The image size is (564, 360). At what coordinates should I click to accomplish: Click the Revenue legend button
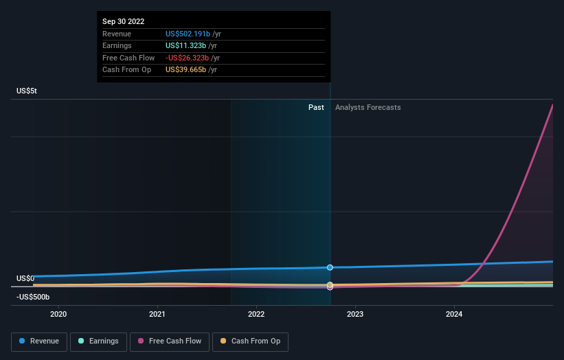[x=40, y=341]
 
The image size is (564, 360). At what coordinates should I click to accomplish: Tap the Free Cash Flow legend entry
[x=170, y=341]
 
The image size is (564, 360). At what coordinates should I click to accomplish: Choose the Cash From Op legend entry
[x=250, y=341]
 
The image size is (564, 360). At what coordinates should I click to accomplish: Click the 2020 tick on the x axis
[x=59, y=315]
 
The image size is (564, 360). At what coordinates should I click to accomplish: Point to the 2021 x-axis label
[x=157, y=315]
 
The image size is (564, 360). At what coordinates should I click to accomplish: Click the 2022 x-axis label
[x=256, y=315]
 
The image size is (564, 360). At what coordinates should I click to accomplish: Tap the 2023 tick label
[x=355, y=315]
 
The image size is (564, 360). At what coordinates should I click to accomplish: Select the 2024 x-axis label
[x=454, y=315]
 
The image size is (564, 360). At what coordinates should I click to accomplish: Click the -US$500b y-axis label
[x=34, y=297]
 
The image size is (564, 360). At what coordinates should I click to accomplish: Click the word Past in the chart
[x=316, y=107]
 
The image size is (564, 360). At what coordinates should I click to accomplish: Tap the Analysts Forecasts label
[x=368, y=107]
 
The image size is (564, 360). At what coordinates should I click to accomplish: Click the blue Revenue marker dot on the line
[x=330, y=267]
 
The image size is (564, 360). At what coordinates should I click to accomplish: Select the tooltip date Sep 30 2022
[x=124, y=22]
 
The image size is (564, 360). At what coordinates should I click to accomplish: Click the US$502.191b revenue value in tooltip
[x=188, y=34]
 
